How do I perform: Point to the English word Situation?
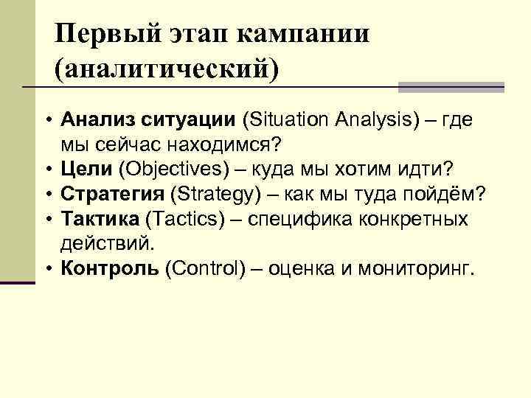(289, 119)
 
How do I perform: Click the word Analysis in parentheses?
(374, 119)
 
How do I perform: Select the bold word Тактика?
(101, 219)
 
